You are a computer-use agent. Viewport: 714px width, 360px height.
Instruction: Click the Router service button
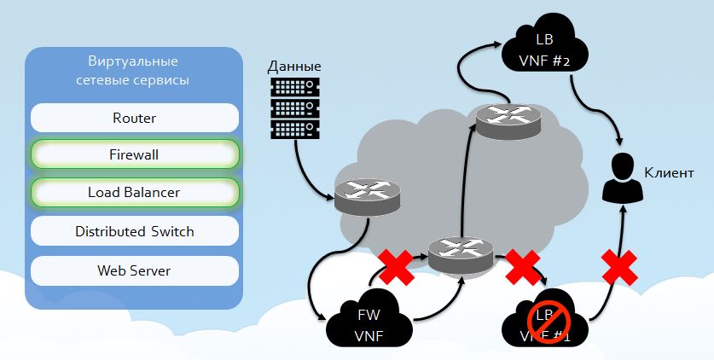click(x=134, y=118)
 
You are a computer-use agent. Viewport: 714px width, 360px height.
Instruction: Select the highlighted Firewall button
click(x=134, y=154)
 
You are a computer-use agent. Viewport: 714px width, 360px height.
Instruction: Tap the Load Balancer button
click(x=134, y=192)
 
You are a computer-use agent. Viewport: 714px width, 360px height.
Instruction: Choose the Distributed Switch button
click(x=134, y=231)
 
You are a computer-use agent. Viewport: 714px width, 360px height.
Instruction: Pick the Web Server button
click(x=134, y=270)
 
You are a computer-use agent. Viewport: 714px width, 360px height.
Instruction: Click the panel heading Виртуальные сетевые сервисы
click(x=134, y=71)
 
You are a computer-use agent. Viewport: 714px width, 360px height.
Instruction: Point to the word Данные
click(x=294, y=66)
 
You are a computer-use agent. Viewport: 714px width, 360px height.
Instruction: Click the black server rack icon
click(x=294, y=107)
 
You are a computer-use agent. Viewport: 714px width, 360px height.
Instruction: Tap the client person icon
click(x=621, y=178)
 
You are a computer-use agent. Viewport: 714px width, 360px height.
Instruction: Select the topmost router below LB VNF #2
click(x=509, y=120)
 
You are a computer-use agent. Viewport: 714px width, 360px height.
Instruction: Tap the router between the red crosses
click(x=461, y=254)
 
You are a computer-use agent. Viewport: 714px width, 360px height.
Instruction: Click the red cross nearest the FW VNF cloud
click(x=395, y=267)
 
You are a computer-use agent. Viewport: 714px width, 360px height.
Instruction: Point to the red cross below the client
click(x=621, y=267)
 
